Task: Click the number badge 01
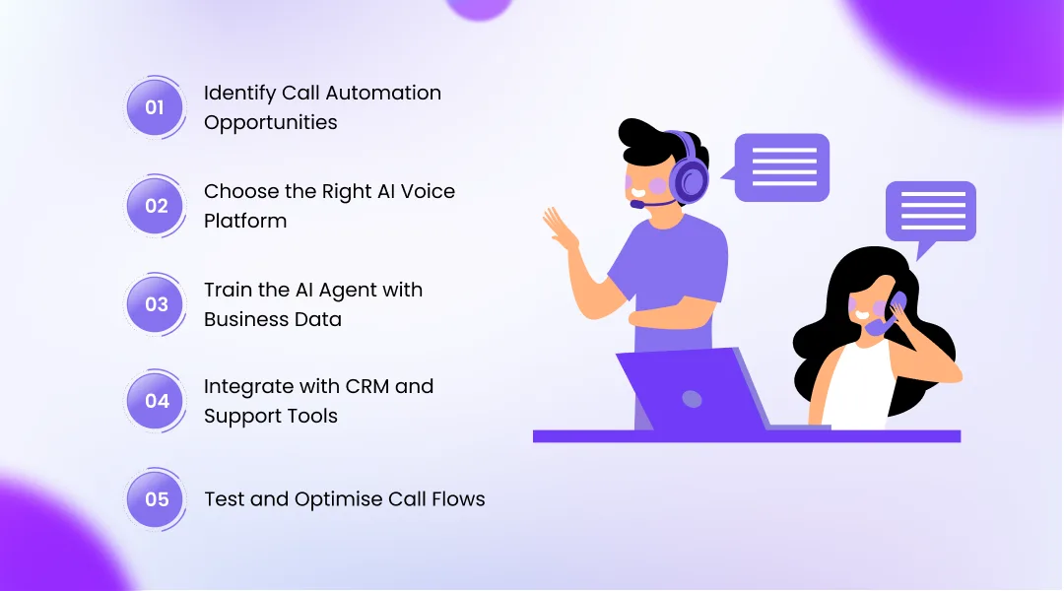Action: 155,107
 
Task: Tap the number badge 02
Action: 157,206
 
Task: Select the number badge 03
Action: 157,304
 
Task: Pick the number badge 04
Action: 157,401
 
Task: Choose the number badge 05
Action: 157,499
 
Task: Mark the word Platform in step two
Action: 245,221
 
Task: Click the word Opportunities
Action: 270,123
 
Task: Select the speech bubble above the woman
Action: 930,211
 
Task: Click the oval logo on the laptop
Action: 693,399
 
